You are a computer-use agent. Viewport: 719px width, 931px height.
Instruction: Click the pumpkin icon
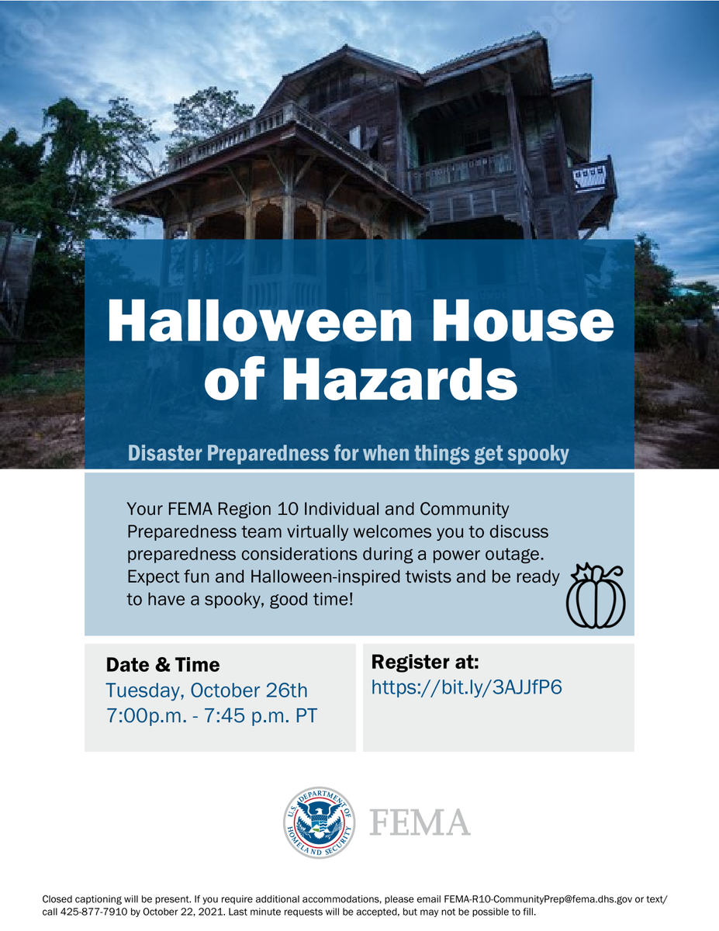click(596, 596)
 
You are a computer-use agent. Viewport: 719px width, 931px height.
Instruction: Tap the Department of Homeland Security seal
click(319, 822)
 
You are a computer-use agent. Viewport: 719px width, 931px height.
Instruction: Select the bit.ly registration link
click(466, 687)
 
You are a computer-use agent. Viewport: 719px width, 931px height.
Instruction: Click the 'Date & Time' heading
click(163, 665)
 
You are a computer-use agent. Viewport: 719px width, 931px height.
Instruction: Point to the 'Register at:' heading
click(425, 662)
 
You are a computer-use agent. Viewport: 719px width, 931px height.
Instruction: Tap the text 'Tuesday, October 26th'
click(206, 690)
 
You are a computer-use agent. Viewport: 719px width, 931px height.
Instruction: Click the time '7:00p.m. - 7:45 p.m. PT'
click(211, 715)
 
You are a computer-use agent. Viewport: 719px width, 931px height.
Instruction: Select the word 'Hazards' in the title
click(404, 380)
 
